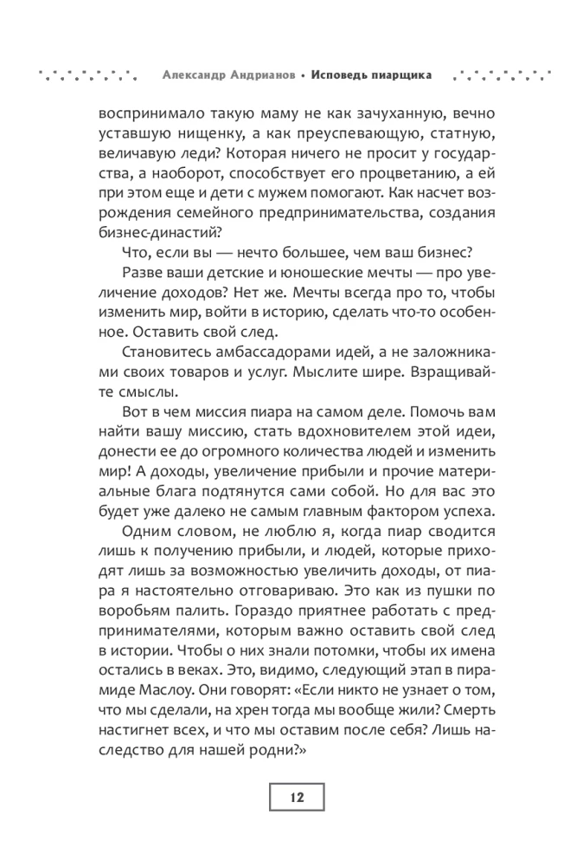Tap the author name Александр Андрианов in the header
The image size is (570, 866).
pos(228,74)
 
